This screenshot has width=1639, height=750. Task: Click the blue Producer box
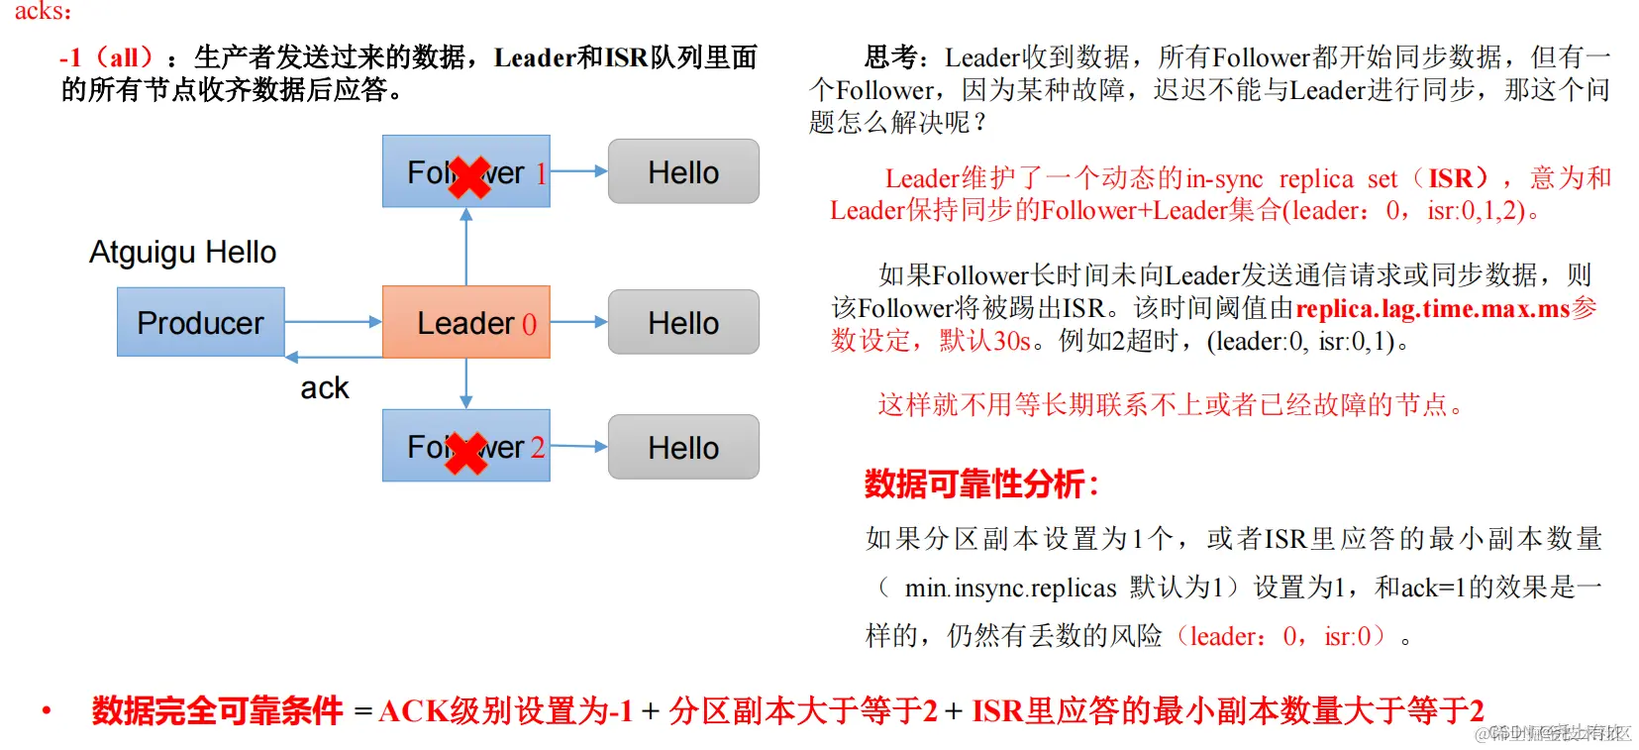pyautogui.click(x=200, y=322)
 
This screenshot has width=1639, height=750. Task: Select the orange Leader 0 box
pyautogui.click(x=465, y=322)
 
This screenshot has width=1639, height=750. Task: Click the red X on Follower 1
pyautogui.click(x=469, y=178)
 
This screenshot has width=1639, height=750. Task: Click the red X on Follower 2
pyautogui.click(x=466, y=454)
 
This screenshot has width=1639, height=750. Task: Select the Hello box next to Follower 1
pyautogui.click(x=683, y=171)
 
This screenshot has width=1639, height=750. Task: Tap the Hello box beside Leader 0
pyautogui.click(x=683, y=322)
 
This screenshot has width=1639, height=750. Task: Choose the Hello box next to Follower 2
pyautogui.click(x=683, y=447)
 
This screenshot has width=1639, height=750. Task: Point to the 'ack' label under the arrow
pyautogui.click(x=324, y=387)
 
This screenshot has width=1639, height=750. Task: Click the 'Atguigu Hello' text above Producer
pyautogui.click(x=182, y=252)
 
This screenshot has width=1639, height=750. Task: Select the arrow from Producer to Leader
pyautogui.click(x=333, y=322)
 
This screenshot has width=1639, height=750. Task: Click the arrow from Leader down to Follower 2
pyautogui.click(x=466, y=382)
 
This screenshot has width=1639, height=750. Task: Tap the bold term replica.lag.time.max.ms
pyautogui.click(x=1432, y=308)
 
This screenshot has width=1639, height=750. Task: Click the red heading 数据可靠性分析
pyautogui.click(x=980, y=483)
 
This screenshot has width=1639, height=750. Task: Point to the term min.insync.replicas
pyautogui.click(x=1010, y=588)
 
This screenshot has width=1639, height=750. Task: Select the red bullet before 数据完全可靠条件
pyautogui.click(x=46, y=709)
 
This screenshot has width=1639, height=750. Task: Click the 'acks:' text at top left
pyautogui.click(x=42, y=11)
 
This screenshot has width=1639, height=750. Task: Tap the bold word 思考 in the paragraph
pyautogui.click(x=895, y=57)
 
